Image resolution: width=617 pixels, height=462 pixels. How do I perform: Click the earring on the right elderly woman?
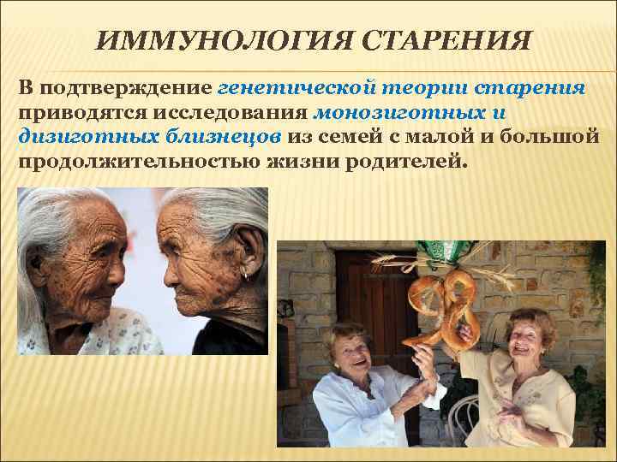pos(247,274)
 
